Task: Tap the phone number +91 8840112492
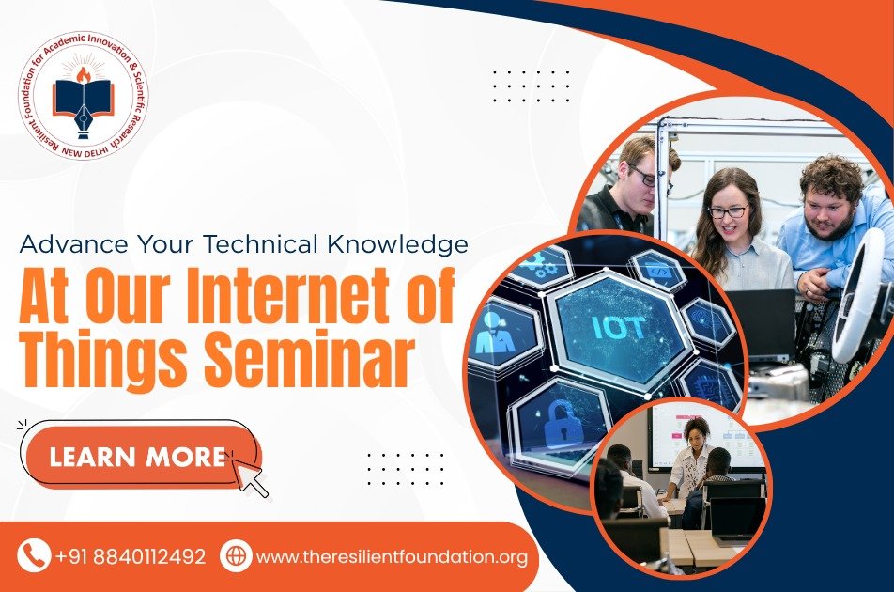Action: tap(131, 556)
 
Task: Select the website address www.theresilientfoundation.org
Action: tap(393, 556)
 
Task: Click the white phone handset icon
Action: tap(34, 555)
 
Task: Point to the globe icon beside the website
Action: tap(236, 555)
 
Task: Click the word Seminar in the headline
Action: tap(308, 358)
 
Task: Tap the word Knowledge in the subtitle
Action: tap(398, 244)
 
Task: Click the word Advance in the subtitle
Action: tap(73, 244)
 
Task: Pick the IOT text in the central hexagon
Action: tap(619, 327)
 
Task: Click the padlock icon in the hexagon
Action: tap(563, 423)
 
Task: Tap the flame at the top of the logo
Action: tap(84, 74)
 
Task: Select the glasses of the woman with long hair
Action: tap(728, 211)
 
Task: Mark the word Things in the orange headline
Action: tap(104, 359)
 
